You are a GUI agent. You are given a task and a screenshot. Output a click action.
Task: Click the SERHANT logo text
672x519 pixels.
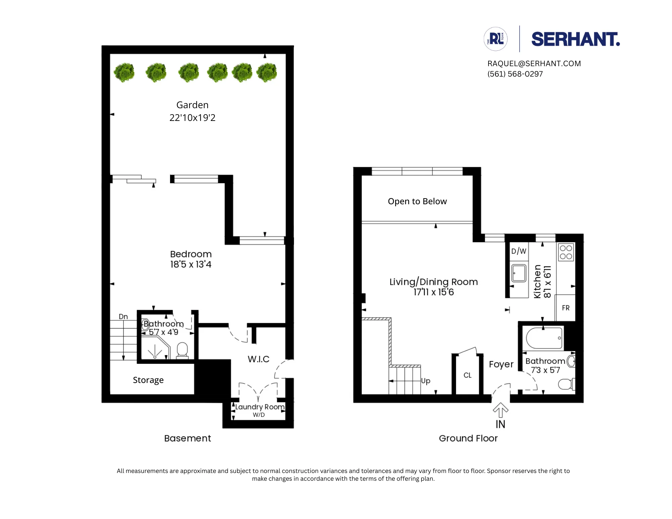(x=575, y=39)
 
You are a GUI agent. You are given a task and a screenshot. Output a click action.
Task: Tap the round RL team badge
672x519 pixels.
(x=496, y=39)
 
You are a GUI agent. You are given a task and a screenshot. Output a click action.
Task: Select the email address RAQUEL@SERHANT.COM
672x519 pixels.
(x=534, y=63)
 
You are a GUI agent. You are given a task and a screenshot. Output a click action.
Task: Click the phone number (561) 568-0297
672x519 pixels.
(x=515, y=74)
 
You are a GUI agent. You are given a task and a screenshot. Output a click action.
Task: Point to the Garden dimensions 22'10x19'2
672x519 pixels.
(x=192, y=118)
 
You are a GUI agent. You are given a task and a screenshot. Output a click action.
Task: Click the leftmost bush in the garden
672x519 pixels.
(x=124, y=72)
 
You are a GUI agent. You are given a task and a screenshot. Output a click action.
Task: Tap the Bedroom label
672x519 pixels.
(x=191, y=254)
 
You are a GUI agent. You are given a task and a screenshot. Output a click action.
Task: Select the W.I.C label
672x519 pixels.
(x=258, y=359)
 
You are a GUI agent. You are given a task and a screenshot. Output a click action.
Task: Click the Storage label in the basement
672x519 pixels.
(x=148, y=380)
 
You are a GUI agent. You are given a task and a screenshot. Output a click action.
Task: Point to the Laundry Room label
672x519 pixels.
(x=259, y=407)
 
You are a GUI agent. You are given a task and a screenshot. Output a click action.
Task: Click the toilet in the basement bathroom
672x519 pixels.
(x=182, y=350)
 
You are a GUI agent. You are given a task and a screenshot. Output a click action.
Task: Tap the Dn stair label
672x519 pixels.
(x=123, y=316)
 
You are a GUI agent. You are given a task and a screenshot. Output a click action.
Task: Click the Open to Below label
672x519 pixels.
(x=417, y=201)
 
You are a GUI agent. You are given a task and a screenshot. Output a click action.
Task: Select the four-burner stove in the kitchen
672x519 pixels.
(x=566, y=252)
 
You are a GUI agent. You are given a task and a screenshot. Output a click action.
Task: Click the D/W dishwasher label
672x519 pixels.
(x=518, y=251)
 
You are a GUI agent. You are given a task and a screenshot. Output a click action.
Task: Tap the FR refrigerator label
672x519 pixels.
(x=565, y=308)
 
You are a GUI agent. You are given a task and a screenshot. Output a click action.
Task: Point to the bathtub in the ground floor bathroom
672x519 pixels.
(x=544, y=338)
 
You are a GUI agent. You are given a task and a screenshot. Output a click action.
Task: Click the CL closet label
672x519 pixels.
(x=467, y=375)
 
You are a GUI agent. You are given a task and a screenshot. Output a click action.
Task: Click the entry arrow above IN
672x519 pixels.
(x=500, y=410)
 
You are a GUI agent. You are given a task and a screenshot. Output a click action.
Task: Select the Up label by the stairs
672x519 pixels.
(x=425, y=381)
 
